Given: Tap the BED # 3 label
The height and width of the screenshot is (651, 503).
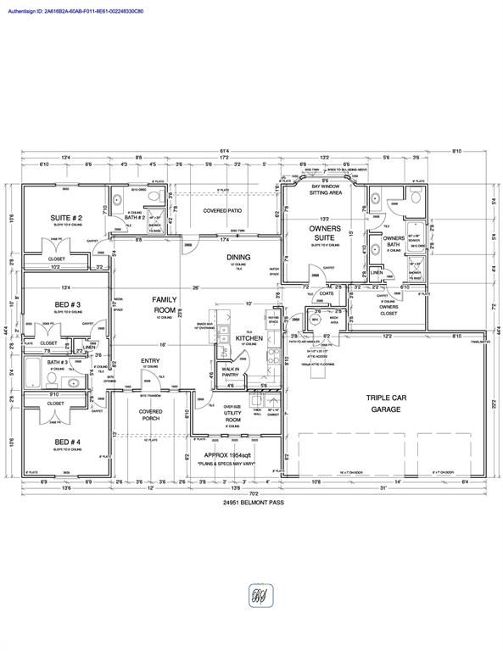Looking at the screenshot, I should click(67, 304).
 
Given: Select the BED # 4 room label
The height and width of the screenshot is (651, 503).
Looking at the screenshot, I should click(67, 443).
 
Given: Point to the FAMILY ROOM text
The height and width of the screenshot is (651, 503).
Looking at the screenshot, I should click(164, 304).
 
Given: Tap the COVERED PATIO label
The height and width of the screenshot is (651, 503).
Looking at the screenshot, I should click(223, 210).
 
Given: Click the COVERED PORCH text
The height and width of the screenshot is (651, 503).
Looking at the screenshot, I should click(151, 415).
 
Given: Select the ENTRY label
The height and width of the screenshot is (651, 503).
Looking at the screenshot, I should click(150, 360).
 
